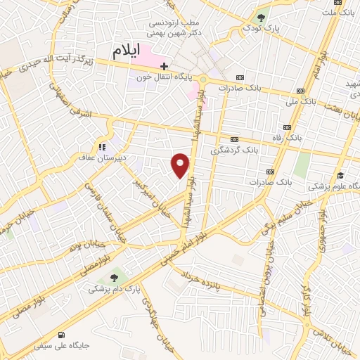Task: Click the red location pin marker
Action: [181, 165]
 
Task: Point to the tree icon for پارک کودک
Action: [262, 17]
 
